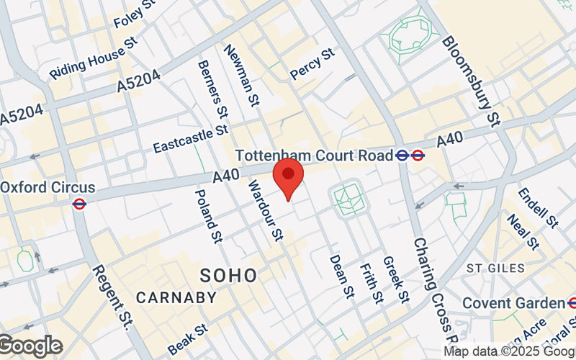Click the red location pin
click(289, 181)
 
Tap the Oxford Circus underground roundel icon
click(80, 204)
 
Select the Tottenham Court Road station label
click(315, 155)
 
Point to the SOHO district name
click(228, 275)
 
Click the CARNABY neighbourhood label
click(176, 297)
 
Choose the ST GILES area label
click(496, 268)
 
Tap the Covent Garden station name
click(514, 303)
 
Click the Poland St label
click(207, 216)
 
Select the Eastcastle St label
click(191, 138)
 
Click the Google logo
click(30, 346)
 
